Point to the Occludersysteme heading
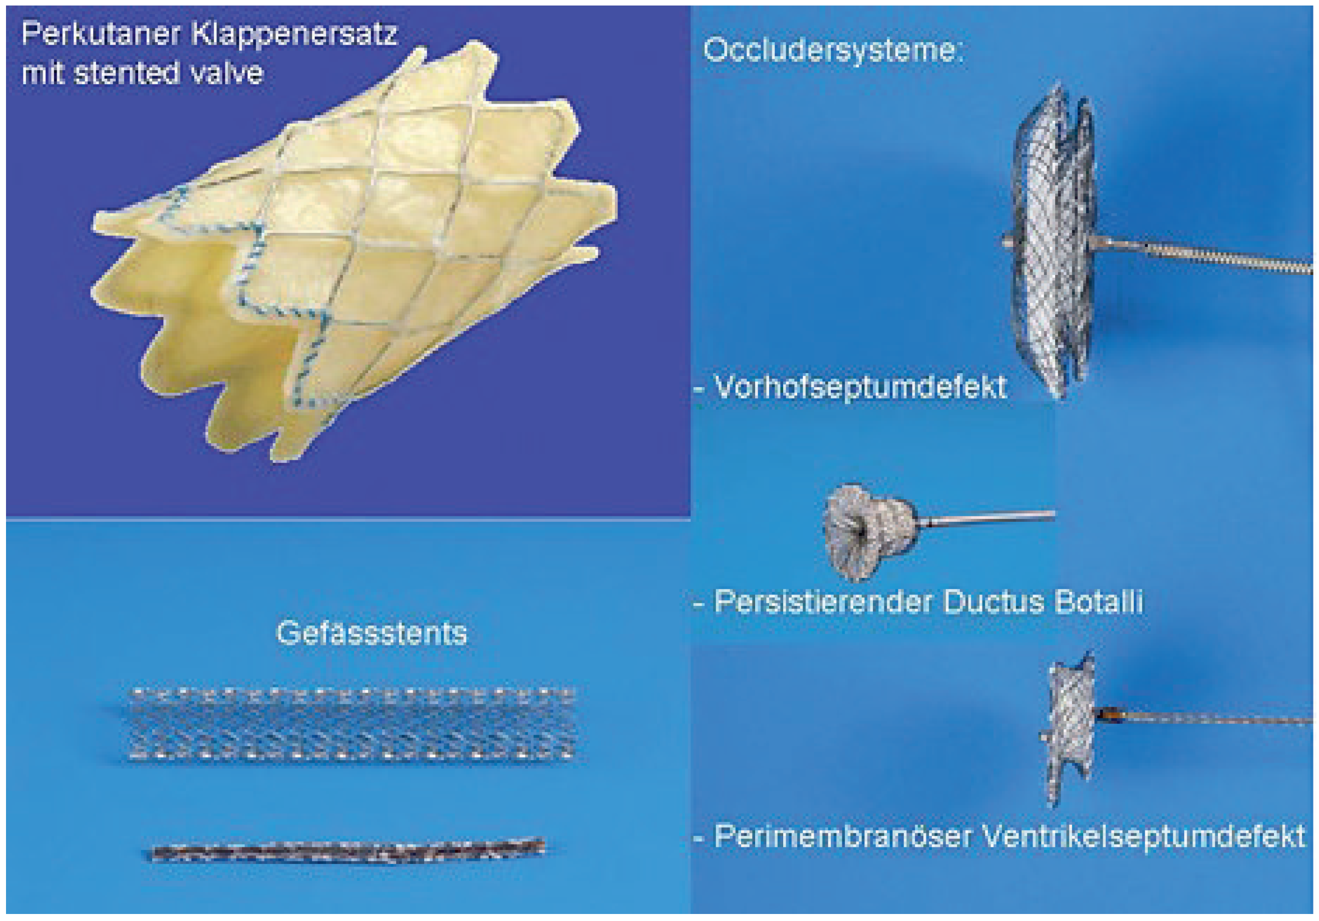[832, 51]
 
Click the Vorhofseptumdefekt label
[859, 387]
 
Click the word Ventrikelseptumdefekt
[1143, 836]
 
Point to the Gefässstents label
[372, 633]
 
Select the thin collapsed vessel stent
[348, 849]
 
